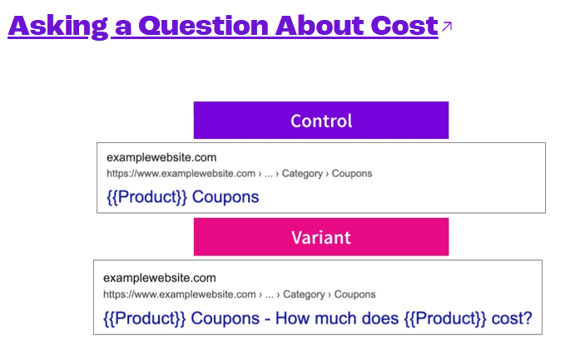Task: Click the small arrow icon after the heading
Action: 447,27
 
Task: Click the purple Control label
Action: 320,121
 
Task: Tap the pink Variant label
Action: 320,238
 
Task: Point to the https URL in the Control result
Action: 181,174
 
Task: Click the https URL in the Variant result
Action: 178,294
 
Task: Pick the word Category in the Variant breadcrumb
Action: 307,294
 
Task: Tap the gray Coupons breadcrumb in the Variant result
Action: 355,294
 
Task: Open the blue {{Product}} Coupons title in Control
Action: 183,198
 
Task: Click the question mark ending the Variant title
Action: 526,318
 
